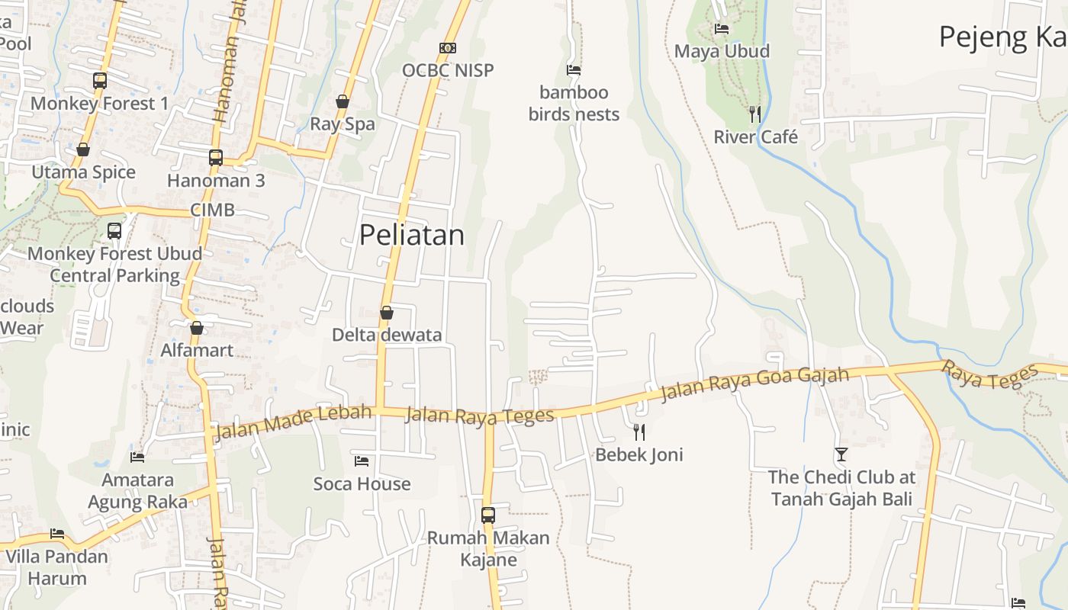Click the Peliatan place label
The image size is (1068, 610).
click(411, 235)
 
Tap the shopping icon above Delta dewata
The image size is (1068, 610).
click(387, 313)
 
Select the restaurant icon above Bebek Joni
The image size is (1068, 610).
click(639, 432)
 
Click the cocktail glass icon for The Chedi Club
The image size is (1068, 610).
click(841, 454)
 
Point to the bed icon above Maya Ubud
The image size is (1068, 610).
click(722, 29)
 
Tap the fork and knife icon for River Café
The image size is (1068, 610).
click(755, 114)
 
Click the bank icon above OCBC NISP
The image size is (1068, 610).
click(448, 48)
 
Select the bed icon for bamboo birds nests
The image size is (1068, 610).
click(574, 70)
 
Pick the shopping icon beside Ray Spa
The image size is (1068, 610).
click(343, 101)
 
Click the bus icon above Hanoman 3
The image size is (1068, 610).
click(216, 158)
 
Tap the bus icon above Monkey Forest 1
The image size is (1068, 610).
click(100, 80)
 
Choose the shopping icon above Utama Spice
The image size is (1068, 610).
click(83, 149)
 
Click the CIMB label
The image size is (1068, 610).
click(212, 210)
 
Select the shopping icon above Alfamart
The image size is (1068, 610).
click(197, 328)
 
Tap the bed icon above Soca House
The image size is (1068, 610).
click(362, 461)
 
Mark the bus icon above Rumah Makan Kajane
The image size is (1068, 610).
click(488, 515)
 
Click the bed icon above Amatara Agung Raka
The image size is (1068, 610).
click(137, 457)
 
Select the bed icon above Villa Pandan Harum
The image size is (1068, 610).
click(57, 534)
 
